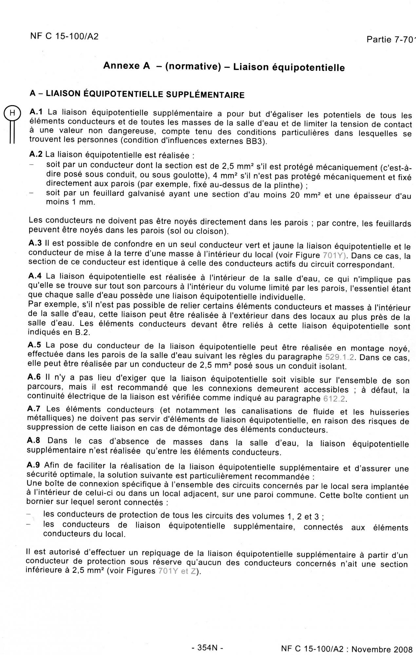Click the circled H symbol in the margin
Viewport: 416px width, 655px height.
[x=12, y=113]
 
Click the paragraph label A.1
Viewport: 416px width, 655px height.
[x=36, y=112]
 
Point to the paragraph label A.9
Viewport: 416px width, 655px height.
[x=33, y=465]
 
